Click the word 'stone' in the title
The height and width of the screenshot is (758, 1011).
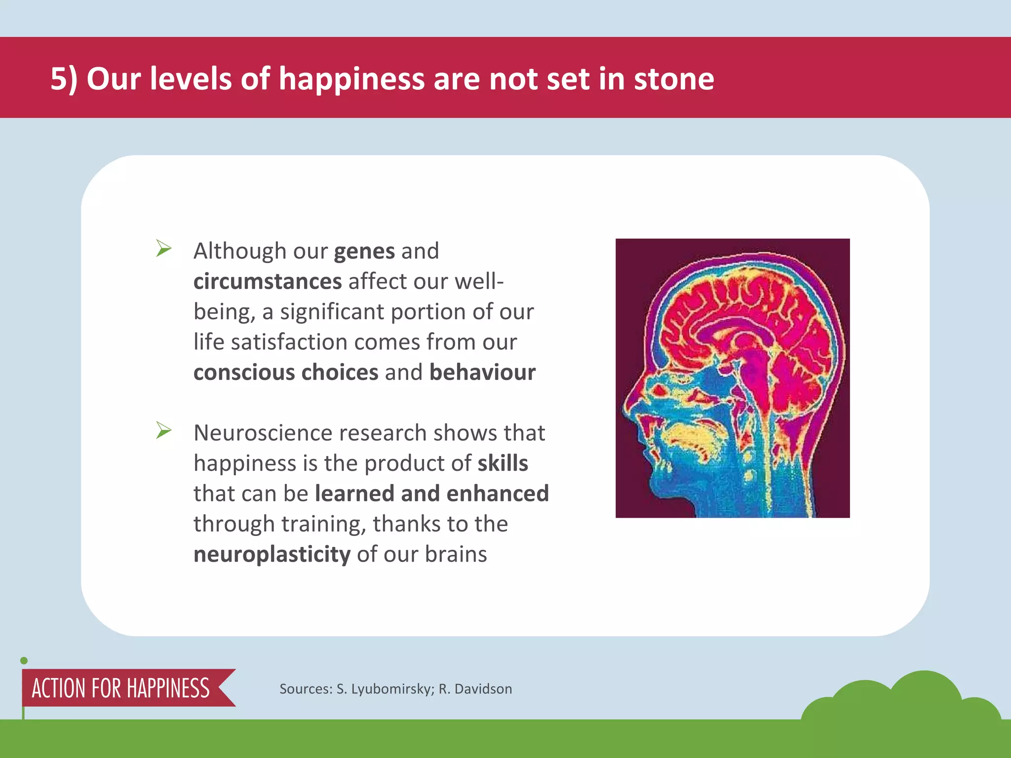click(x=674, y=79)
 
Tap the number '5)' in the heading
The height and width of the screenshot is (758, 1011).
click(x=64, y=79)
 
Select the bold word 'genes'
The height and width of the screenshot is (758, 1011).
click(x=364, y=252)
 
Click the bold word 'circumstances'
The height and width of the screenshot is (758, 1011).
click(x=268, y=282)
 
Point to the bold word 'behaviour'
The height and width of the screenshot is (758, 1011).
click(x=482, y=373)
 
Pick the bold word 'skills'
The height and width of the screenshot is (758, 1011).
click(x=503, y=463)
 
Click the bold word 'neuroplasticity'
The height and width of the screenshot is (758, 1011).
click(x=272, y=555)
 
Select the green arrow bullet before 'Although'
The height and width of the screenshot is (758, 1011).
click(x=163, y=248)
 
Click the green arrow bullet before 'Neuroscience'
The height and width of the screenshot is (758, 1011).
click(x=163, y=430)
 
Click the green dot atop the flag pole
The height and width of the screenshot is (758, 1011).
click(x=24, y=661)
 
